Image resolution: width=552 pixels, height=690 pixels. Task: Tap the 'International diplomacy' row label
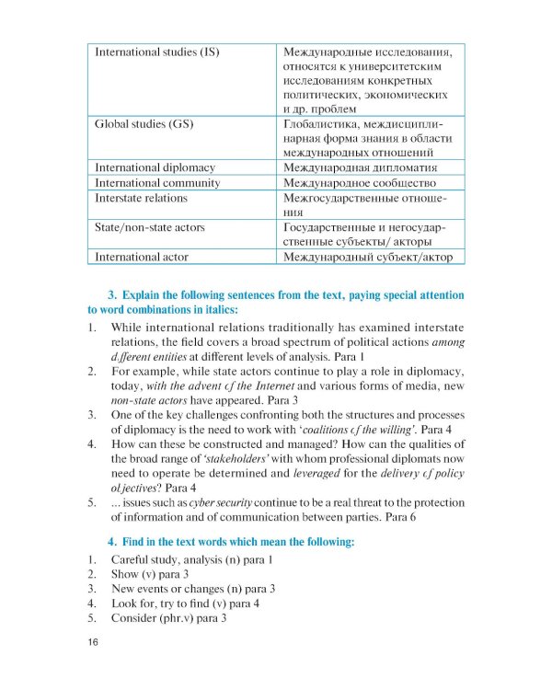click(x=155, y=167)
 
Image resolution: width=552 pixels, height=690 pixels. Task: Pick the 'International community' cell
click(x=157, y=182)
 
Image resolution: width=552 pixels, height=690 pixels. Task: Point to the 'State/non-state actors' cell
click(x=150, y=226)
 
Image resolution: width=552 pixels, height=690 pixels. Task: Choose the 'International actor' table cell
click(x=142, y=257)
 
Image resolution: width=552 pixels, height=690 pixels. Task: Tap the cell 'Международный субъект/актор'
click(x=369, y=257)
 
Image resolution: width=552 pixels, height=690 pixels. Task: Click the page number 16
click(x=82, y=642)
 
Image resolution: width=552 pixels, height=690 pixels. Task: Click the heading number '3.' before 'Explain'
click(x=114, y=295)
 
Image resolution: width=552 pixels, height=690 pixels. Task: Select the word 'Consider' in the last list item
click(x=135, y=618)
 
